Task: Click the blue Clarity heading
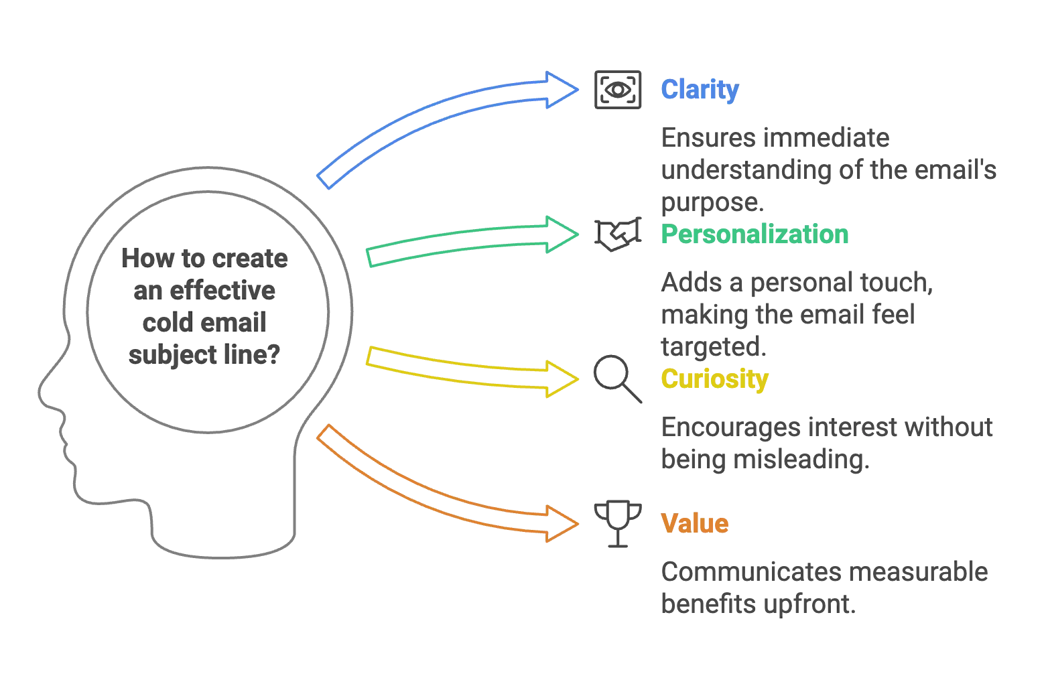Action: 699,90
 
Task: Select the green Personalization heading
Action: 755,234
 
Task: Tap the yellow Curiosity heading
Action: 714,380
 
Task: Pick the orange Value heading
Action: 694,523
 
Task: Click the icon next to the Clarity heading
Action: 616,90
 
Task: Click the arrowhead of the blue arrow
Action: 564,90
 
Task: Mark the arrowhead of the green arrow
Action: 564,234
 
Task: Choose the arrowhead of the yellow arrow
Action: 564,380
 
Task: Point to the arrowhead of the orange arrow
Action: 564,523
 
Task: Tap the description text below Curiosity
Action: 827,443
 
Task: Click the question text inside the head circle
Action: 205,307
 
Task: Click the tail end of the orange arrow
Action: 323,434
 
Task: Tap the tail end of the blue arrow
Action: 324,178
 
